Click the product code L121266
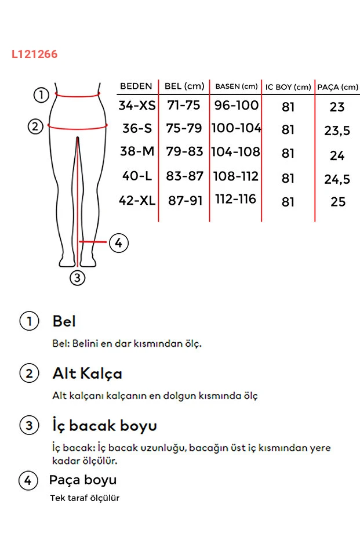click(x=34, y=55)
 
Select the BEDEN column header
click(x=136, y=86)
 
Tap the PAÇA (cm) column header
click(x=337, y=88)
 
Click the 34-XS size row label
click(x=137, y=106)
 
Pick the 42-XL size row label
click(x=137, y=201)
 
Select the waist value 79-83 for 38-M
click(x=185, y=152)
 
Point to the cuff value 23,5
click(x=337, y=131)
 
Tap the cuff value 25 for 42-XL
click(x=337, y=202)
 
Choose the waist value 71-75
click(x=183, y=106)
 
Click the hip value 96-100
click(x=236, y=106)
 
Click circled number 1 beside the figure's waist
click(x=40, y=95)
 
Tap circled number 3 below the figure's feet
click(x=78, y=278)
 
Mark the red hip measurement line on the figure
click(x=78, y=126)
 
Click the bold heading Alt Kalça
click(x=87, y=374)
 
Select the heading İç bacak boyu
click(x=104, y=426)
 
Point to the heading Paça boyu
click(x=83, y=480)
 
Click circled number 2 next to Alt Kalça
click(x=29, y=374)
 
